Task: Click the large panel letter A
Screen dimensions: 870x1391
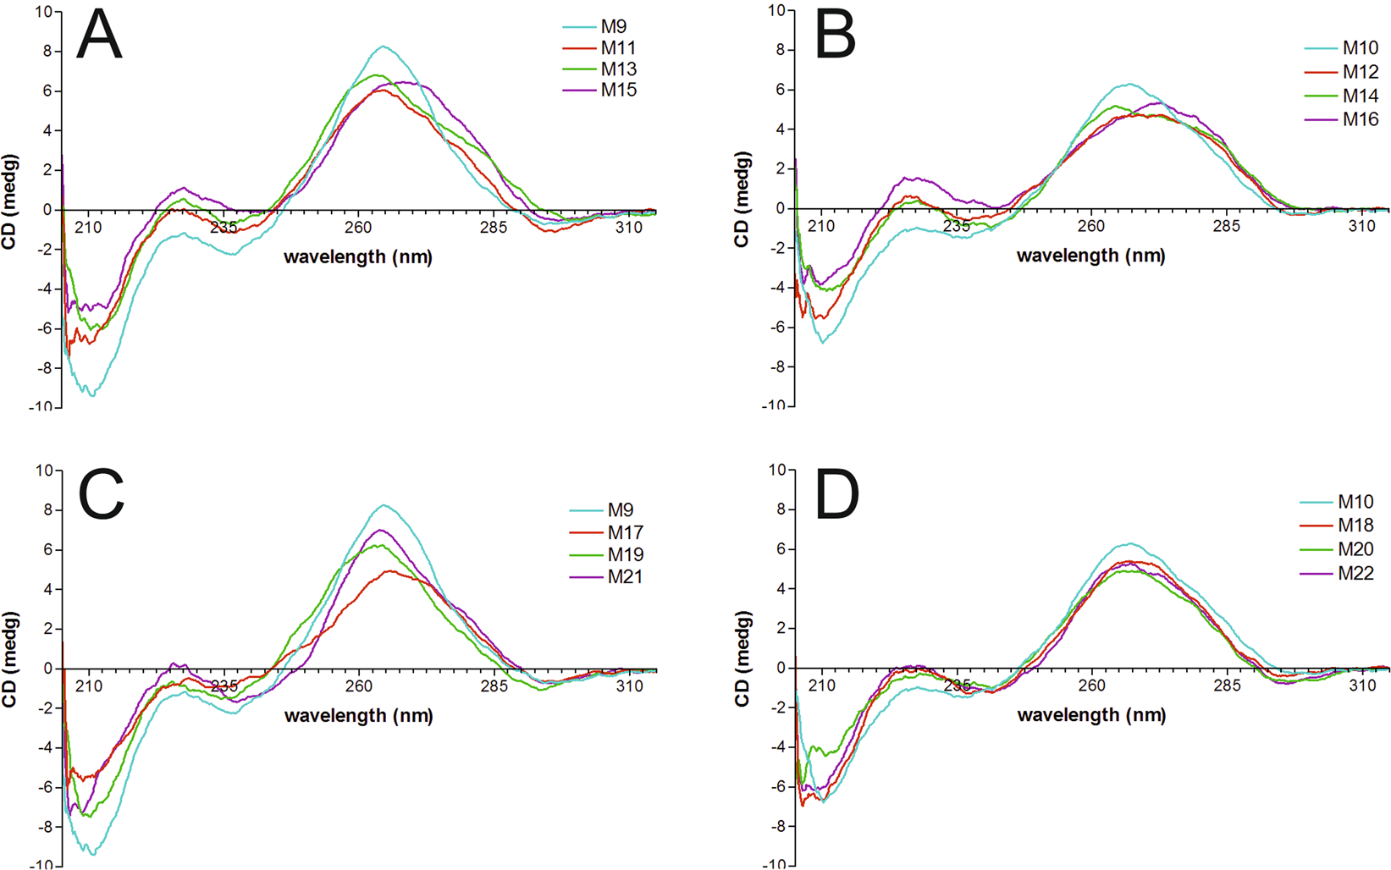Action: pos(99,37)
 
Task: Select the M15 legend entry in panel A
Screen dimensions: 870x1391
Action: pos(619,90)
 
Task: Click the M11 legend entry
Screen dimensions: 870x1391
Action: pos(619,48)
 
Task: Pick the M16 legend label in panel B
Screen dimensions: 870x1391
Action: pos(1361,119)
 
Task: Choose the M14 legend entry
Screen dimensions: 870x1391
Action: pos(1361,96)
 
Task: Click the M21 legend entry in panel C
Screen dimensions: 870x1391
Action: pos(625,577)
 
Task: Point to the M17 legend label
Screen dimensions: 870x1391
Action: pos(625,533)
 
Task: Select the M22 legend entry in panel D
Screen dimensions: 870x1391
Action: pos(1355,574)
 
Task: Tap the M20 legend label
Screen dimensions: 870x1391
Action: pos(1355,549)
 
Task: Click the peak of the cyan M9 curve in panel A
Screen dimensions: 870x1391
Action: pos(384,46)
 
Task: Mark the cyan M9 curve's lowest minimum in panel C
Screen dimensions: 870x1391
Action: pos(92,854)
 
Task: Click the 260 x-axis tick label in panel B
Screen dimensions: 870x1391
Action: pos(1091,226)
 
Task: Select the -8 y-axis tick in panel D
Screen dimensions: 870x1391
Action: pos(780,827)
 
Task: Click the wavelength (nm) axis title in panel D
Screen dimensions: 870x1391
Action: pos(1091,715)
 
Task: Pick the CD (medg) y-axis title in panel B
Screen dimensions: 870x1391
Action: pos(742,200)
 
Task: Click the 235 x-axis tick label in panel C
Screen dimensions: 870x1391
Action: pos(224,686)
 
